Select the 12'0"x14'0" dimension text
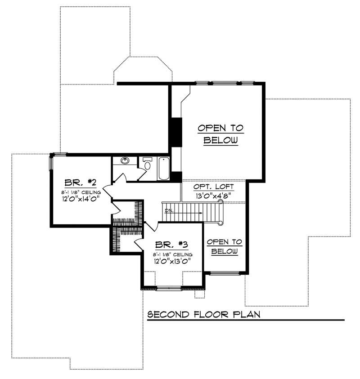81,198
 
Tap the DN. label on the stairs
169,210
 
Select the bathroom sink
125,161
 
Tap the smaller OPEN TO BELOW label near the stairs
224,246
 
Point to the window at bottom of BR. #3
170,288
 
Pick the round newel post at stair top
220,203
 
